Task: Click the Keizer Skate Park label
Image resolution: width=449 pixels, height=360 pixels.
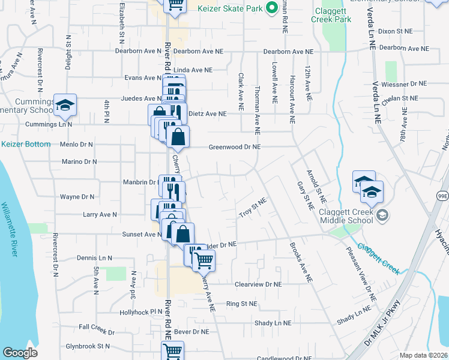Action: tap(231, 8)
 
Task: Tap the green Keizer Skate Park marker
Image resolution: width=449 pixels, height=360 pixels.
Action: tap(271, 8)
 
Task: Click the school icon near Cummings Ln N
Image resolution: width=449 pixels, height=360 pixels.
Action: tap(64, 105)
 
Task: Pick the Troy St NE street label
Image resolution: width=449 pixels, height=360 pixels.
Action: tap(252, 211)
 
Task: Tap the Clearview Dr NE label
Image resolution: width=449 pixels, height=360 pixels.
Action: tap(258, 284)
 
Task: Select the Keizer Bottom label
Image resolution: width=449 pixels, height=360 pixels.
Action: tap(26, 144)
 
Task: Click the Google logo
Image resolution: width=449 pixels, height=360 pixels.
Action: tap(20, 352)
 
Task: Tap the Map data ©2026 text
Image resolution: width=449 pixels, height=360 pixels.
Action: tap(424, 355)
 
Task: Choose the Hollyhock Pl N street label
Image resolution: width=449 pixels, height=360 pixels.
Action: tap(141, 312)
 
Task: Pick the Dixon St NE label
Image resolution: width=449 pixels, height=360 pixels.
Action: tap(396, 31)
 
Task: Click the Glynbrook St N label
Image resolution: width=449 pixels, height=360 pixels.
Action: tap(88, 346)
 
